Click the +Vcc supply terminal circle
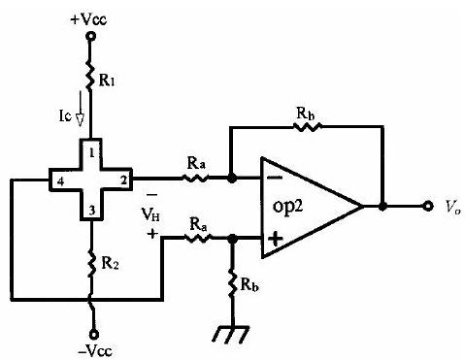coord(91,36)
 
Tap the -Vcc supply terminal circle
coord(94,334)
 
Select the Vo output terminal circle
coord(428,206)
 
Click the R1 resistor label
coord(107,81)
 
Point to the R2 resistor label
coord(110,263)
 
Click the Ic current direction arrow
coord(80,109)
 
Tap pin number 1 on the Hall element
coord(92,153)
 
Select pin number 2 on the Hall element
coord(123,180)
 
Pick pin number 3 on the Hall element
coord(92,212)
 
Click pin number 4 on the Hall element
coord(60,182)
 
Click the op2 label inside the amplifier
coord(287,207)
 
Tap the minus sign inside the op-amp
coord(275,178)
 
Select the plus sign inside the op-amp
coord(276,239)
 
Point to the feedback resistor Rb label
coord(306,114)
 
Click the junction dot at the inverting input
coord(232,178)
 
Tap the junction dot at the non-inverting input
coord(232,239)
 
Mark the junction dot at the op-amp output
coord(382,206)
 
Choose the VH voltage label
coord(150,214)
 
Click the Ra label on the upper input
coord(196,164)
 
